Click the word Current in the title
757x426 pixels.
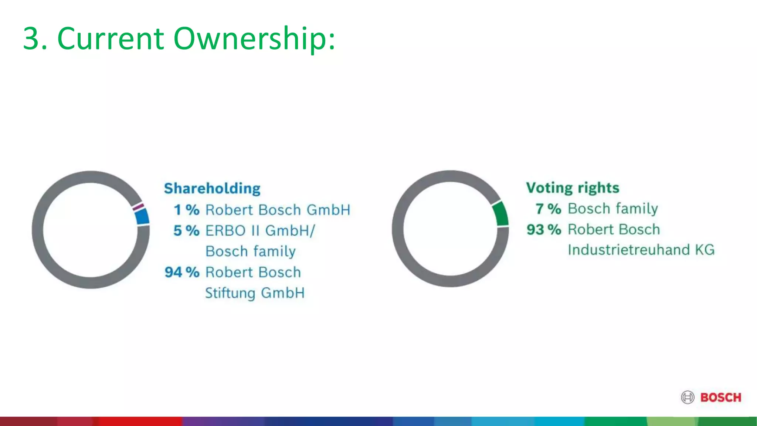click(110, 38)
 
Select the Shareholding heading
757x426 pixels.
click(212, 188)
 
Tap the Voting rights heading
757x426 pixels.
click(573, 187)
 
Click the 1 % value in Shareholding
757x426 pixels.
click(187, 210)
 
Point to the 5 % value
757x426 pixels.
click(187, 231)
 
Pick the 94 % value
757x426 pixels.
click(182, 272)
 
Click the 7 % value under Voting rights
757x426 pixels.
click(549, 209)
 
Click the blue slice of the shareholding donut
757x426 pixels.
click(142, 217)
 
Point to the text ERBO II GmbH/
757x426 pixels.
click(260, 231)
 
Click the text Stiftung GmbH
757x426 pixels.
click(255, 293)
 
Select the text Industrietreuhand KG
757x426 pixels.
click(641, 250)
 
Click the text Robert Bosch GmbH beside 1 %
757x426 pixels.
click(278, 210)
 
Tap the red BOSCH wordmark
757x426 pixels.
click(721, 398)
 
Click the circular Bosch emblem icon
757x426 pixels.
click(688, 398)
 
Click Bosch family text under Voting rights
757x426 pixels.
click(613, 209)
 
